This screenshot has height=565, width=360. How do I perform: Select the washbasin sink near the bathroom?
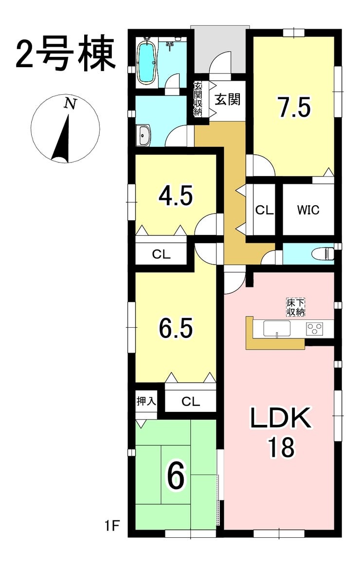coord(144,136)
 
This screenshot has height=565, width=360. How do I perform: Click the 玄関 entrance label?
coord(228,99)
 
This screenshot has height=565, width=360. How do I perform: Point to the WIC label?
coord(308,210)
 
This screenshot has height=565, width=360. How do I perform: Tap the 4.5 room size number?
coord(176,195)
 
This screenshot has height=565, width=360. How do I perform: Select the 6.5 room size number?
coord(176,328)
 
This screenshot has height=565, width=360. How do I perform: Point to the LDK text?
coord(281,418)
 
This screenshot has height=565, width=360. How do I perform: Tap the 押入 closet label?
coord(146,401)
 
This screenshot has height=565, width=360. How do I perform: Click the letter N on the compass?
coord(70,104)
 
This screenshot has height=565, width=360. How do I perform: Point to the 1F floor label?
coord(112,527)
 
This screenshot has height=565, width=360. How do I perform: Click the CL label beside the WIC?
coord(265,210)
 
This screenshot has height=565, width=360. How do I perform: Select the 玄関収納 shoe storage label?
coord(198,99)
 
